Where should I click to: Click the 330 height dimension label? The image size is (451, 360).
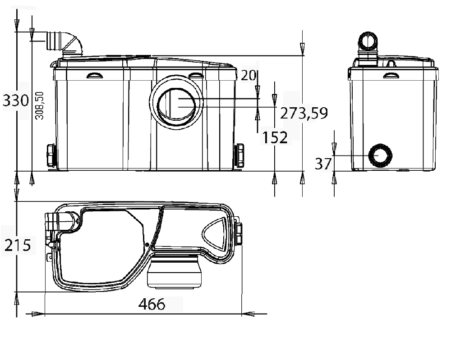point(16,100)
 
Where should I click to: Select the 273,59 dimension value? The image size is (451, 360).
point(304,113)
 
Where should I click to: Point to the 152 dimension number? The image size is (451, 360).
point(275,137)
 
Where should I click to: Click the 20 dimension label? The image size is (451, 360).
point(248,75)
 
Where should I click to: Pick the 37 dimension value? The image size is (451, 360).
point(323,164)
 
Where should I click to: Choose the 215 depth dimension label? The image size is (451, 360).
point(18,246)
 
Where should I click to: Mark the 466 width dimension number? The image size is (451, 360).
point(152,304)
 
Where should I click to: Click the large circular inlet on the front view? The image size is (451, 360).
point(177,103)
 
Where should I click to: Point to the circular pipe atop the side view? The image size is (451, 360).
point(368,41)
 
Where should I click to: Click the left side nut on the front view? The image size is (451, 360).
point(51,155)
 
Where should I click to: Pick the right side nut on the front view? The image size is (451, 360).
point(240,155)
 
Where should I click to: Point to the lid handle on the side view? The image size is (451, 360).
point(391,75)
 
